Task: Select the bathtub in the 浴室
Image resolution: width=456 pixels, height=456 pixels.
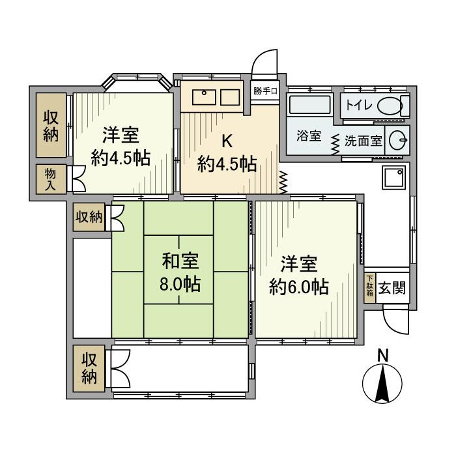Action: click(309, 105)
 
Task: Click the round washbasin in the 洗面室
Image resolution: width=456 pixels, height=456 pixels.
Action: click(398, 139)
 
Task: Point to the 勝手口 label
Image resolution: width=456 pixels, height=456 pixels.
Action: click(266, 91)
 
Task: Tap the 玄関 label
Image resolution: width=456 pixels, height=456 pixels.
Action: click(393, 287)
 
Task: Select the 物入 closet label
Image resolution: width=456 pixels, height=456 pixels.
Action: click(50, 178)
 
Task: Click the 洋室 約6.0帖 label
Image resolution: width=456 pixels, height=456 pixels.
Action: click(299, 275)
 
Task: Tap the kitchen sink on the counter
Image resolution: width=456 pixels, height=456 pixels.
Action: click(204, 97)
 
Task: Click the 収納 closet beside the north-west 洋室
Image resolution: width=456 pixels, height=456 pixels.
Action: click(51, 125)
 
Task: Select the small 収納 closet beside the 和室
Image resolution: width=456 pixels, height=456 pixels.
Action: click(88, 217)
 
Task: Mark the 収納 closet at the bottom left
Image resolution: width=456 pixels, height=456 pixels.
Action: click(87, 368)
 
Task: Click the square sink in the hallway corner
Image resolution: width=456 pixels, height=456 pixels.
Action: click(393, 177)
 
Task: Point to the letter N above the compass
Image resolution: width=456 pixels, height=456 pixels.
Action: click(383, 356)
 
